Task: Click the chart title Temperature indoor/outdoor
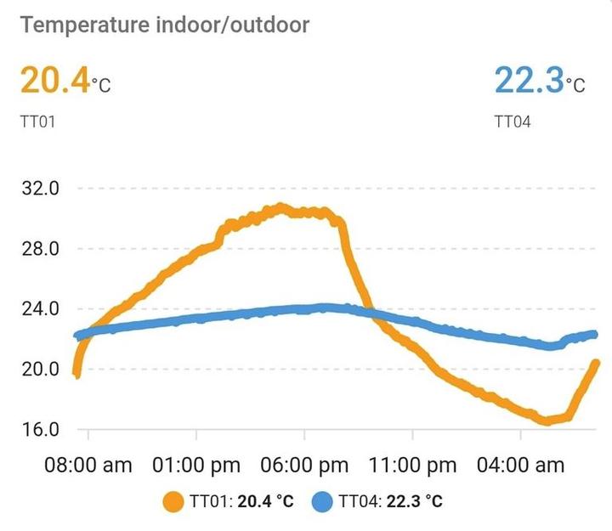coord(165,24)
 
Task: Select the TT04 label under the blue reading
coord(512,121)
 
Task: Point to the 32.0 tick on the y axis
coord(39,189)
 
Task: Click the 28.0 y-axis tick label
coord(39,249)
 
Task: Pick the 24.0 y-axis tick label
coord(39,309)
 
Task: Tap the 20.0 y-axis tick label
coord(39,369)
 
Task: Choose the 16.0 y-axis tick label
coord(39,429)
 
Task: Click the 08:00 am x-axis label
coord(88,465)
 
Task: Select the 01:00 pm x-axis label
coord(196,465)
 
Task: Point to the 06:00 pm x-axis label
coord(304,465)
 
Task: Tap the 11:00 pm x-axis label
coord(412,465)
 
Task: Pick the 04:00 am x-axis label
coord(520,465)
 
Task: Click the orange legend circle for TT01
coord(175,502)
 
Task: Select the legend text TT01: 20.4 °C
coord(243,502)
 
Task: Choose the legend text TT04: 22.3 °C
coord(390,502)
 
